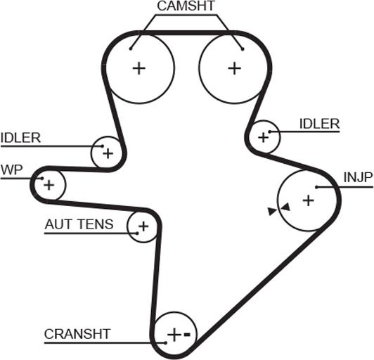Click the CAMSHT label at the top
click(186, 6)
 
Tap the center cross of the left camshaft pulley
click(138, 68)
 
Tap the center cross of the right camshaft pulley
click(235, 68)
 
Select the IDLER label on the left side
click(21, 138)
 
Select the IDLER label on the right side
click(319, 124)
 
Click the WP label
click(12, 170)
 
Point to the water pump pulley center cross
click(49, 185)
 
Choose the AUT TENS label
click(79, 224)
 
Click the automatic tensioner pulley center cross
click(143, 226)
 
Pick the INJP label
click(358, 177)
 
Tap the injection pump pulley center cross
click(309, 200)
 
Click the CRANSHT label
click(77, 334)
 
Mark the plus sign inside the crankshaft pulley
click(174, 335)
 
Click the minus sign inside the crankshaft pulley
click(187, 335)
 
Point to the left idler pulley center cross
click(108, 153)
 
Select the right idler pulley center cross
click(264, 137)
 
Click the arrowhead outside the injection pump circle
click(272, 212)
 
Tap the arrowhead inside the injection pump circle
click(285, 207)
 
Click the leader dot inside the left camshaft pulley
click(131, 49)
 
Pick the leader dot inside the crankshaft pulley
click(165, 343)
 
